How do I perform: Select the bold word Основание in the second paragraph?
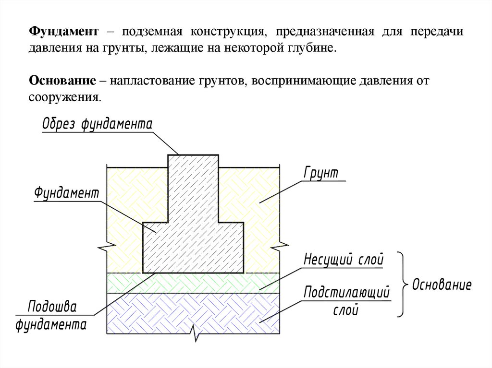coord(62,80)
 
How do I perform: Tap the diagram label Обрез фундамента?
coord(97,124)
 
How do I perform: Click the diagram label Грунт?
coord(321,173)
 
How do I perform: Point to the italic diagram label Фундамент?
coord(66,193)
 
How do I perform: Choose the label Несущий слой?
coord(344,260)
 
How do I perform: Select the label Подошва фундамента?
coord(51,316)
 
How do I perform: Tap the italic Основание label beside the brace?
coord(442,285)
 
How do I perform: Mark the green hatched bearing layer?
coord(192,283)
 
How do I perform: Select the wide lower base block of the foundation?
coord(193,247)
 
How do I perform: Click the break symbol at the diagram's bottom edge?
coord(196,334)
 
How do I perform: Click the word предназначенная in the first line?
coord(325,32)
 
